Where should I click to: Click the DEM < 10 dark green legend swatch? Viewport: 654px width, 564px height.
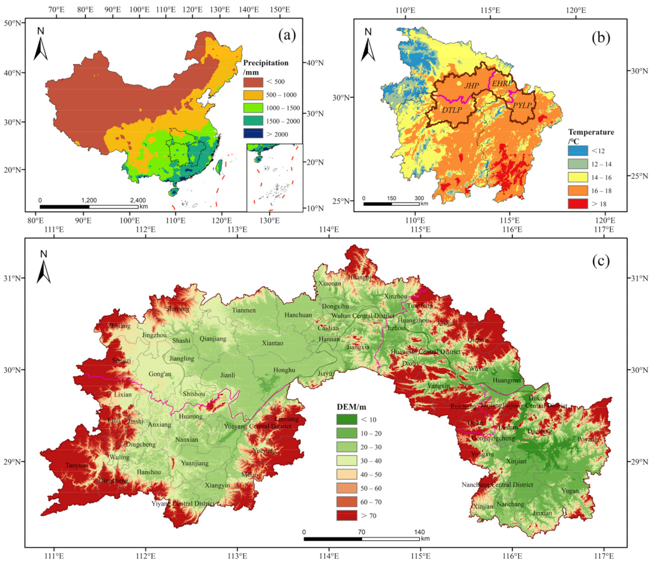(x=348, y=420)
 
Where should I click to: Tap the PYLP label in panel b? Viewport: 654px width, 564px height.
(x=522, y=105)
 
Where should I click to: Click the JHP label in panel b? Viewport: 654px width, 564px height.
(x=471, y=86)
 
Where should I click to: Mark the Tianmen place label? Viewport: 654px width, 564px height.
(x=244, y=310)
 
